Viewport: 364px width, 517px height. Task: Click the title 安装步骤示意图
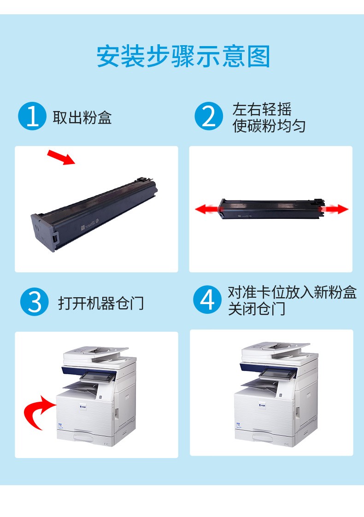(x=183, y=56)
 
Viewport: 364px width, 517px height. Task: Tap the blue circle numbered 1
(x=32, y=116)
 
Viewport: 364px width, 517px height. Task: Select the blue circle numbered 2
(x=209, y=116)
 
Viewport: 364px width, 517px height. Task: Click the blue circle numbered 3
(x=34, y=302)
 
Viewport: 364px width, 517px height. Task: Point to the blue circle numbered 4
(x=207, y=300)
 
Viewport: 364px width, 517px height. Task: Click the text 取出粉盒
(x=82, y=117)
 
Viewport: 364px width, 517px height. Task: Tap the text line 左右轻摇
(x=262, y=109)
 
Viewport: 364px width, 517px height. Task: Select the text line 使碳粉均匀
(x=269, y=126)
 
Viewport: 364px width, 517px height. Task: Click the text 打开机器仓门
(x=101, y=303)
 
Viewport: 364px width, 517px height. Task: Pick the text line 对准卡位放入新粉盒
(x=292, y=292)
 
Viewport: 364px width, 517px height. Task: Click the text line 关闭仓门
(x=257, y=309)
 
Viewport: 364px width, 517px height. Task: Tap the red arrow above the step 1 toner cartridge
(x=61, y=157)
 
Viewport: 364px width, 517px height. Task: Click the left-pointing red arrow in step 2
(x=207, y=209)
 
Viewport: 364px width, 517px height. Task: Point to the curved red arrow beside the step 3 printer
(x=39, y=411)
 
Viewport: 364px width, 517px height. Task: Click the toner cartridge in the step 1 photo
(x=94, y=213)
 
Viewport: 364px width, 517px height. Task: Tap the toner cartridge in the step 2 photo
(x=271, y=209)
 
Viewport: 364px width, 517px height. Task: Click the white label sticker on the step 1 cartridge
(x=83, y=228)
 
